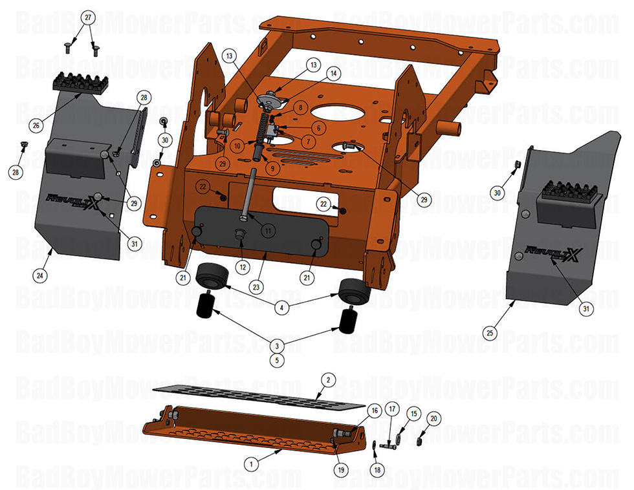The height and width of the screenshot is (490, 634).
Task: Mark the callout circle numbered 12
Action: pos(243,266)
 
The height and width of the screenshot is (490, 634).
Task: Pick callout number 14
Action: pos(334,74)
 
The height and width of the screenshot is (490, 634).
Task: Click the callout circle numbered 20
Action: pos(434,419)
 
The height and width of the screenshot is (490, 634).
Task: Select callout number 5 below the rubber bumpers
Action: pos(278,360)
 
